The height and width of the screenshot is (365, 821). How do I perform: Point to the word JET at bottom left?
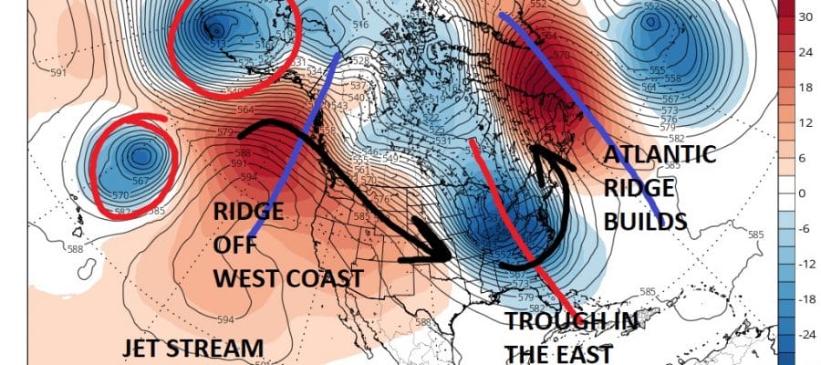click(x=145, y=349)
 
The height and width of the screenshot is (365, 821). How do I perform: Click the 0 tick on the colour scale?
click(x=806, y=193)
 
